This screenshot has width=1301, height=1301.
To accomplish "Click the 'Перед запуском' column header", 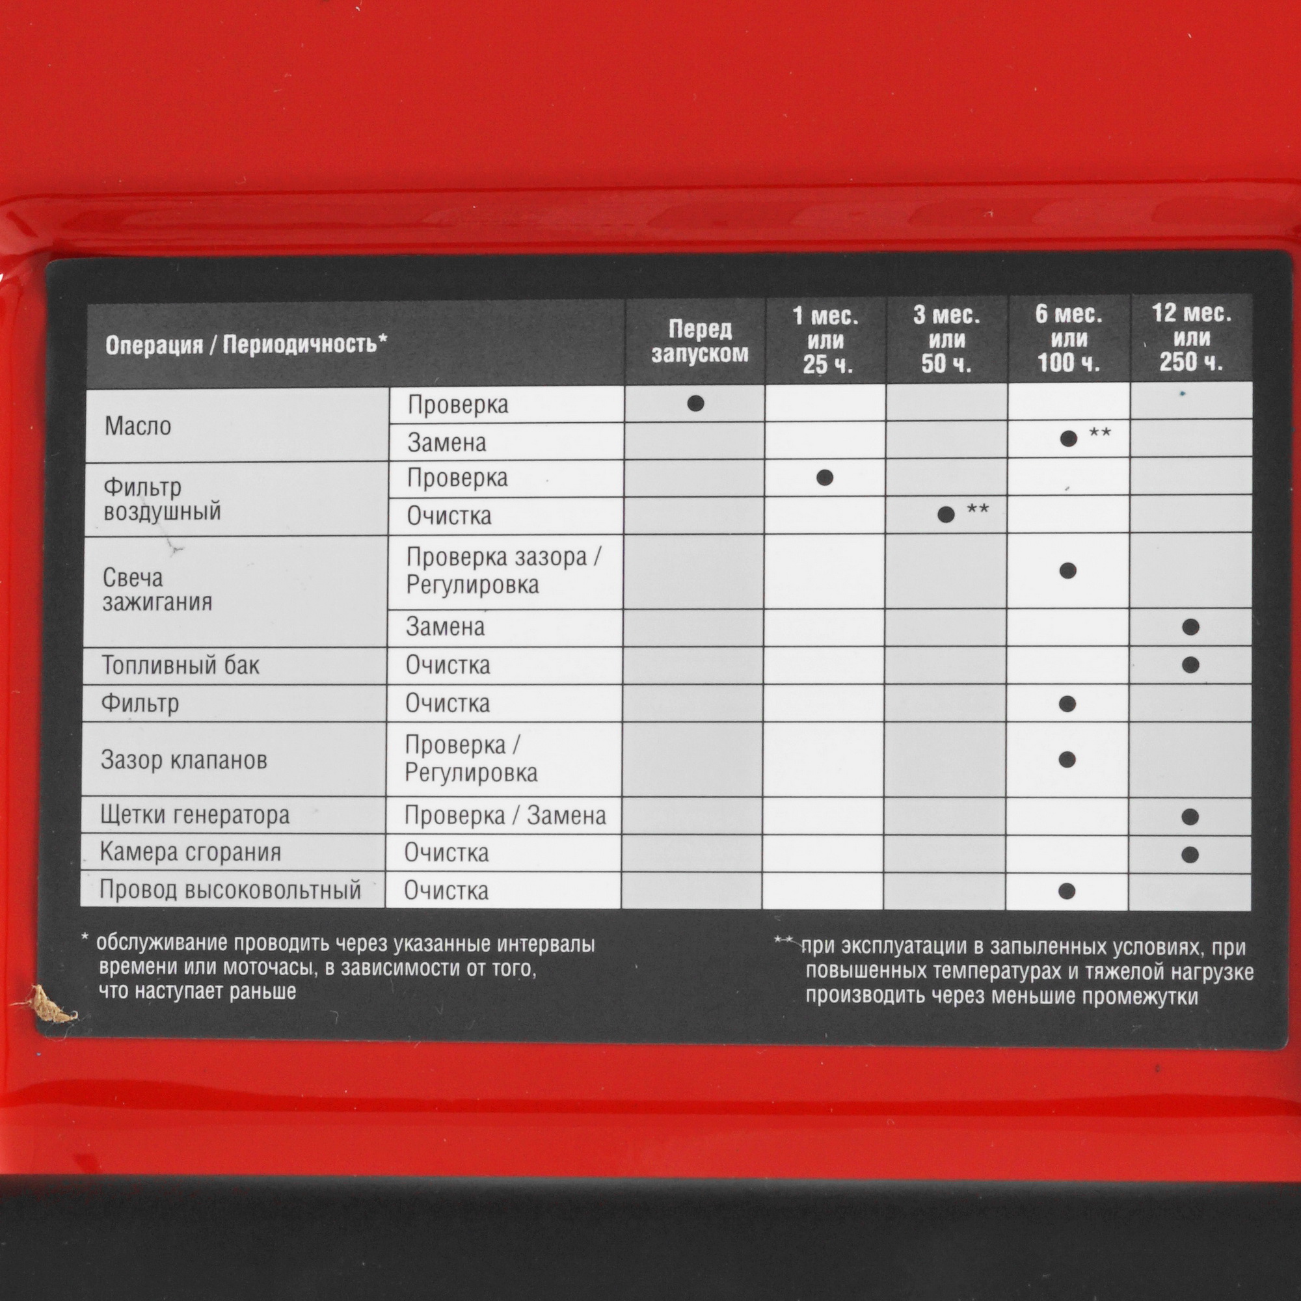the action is point(700,342).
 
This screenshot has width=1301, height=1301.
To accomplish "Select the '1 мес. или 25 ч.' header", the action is point(825,340).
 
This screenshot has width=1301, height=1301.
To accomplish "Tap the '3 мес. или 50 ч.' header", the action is point(946,340).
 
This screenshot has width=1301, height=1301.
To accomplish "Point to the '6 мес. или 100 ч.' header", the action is point(1069,338).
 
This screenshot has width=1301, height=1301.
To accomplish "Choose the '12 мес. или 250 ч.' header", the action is point(1191,338).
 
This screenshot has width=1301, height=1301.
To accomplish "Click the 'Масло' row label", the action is point(138,426).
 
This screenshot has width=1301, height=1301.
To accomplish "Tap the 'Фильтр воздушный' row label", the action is point(162,499).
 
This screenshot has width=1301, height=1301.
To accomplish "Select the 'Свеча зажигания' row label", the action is point(157,589).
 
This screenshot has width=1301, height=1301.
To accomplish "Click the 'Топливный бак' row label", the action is point(180,665).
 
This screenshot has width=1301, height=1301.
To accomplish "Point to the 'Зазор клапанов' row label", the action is point(184,760).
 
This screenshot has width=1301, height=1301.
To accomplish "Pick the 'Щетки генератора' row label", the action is point(194,815).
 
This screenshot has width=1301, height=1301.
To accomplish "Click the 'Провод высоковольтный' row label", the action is point(230,889).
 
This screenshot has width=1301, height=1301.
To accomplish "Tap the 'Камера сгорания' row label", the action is point(190,852).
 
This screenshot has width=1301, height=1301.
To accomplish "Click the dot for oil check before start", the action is point(695,403).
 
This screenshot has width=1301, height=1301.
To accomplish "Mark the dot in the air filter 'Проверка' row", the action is point(825,477).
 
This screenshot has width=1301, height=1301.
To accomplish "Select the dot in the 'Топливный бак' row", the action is point(1190,665).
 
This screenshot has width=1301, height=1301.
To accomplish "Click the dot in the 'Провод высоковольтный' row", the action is point(1067,891).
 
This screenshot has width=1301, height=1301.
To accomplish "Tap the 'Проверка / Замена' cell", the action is point(505,816).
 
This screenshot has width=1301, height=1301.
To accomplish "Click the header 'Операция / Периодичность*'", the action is point(247,344).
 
